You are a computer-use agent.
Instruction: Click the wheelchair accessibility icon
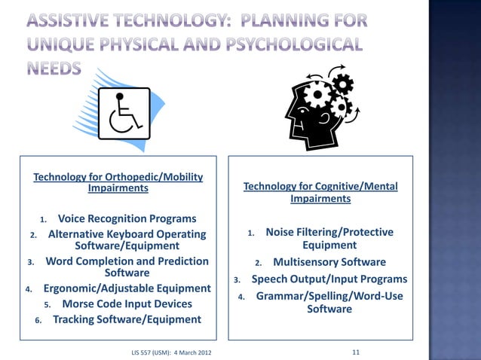pyautogui.click(x=124, y=114)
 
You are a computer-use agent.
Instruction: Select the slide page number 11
pyautogui.click(x=357, y=352)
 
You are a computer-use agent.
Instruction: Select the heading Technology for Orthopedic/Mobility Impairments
pyautogui.click(x=118, y=182)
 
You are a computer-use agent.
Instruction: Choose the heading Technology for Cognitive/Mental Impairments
pyautogui.click(x=320, y=193)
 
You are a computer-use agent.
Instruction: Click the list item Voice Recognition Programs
pyautogui.click(x=127, y=218)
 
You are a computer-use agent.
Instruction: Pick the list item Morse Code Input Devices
pyautogui.click(x=127, y=304)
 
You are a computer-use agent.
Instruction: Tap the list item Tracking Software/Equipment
pyautogui.click(x=127, y=319)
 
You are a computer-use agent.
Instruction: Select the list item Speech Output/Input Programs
pyautogui.click(x=329, y=279)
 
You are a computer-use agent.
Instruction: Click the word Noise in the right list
pyautogui.click(x=281, y=232)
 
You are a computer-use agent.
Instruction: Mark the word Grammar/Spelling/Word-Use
pyautogui.click(x=329, y=297)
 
